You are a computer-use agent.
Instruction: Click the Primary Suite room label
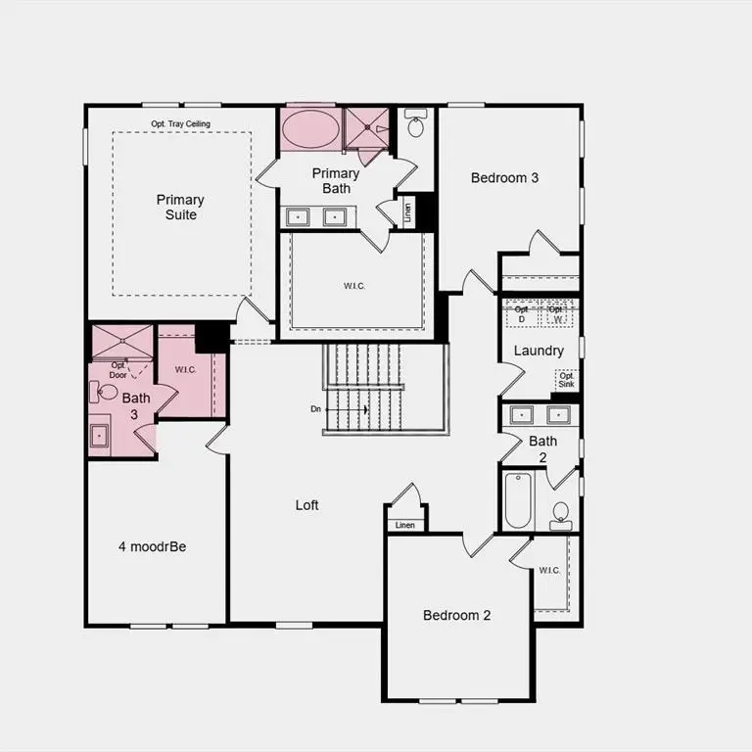(x=180, y=207)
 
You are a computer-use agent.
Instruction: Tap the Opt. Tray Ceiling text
(x=180, y=124)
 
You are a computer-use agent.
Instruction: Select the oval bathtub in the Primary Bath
(x=310, y=129)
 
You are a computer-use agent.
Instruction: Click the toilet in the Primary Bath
(x=416, y=126)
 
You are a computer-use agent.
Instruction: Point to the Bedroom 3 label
(x=504, y=178)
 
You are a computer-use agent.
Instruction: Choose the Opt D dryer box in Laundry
(x=521, y=313)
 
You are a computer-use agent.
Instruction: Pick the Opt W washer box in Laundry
(x=557, y=313)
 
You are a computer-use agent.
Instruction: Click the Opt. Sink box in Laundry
(x=566, y=379)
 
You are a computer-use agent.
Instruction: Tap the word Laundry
(x=539, y=351)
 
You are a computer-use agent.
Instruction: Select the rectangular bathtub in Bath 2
(x=516, y=500)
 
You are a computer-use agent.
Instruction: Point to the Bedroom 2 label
(x=456, y=615)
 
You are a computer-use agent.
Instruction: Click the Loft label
(x=307, y=505)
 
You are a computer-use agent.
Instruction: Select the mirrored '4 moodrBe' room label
(x=152, y=546)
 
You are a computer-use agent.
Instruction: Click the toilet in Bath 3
(x=107, y=393)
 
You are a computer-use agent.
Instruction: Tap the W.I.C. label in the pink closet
(x=186, y=370)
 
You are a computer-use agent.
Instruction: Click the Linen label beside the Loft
(x=405, y=526)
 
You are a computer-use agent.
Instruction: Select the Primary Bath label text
(x=336, y=180)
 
